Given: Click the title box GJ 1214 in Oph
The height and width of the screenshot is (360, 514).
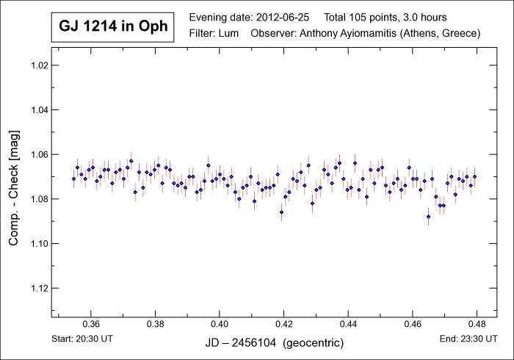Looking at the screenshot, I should (x=112, y=27).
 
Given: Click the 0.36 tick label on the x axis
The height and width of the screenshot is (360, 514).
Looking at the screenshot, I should (x=91, y=323).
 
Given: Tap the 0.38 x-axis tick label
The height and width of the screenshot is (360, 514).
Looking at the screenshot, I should (x=155, y=323).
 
